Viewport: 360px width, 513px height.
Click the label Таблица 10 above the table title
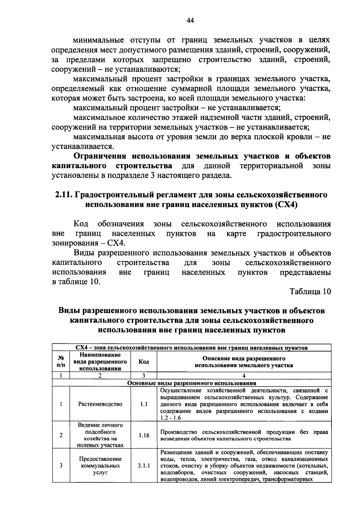point(310,291)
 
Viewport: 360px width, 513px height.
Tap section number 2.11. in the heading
point(63,195)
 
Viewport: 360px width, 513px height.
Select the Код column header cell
point(144,362)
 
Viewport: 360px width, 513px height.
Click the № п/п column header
point(61,362)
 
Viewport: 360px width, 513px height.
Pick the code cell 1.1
point(144,404)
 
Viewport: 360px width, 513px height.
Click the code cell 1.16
point(144,435)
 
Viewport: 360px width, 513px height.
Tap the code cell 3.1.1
point(144,466)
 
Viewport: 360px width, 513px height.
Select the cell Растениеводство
point(100,404)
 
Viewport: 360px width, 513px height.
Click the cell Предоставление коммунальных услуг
point(100,466)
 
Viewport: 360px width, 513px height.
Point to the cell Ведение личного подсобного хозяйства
point(100,435)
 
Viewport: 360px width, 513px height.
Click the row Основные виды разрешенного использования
point(192,383)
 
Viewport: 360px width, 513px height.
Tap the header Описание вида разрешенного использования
point(244,362)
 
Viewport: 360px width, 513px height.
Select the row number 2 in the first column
point(61,435)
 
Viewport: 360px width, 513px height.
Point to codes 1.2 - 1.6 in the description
point(170,418)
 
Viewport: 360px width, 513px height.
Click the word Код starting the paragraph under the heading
point(81,224)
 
